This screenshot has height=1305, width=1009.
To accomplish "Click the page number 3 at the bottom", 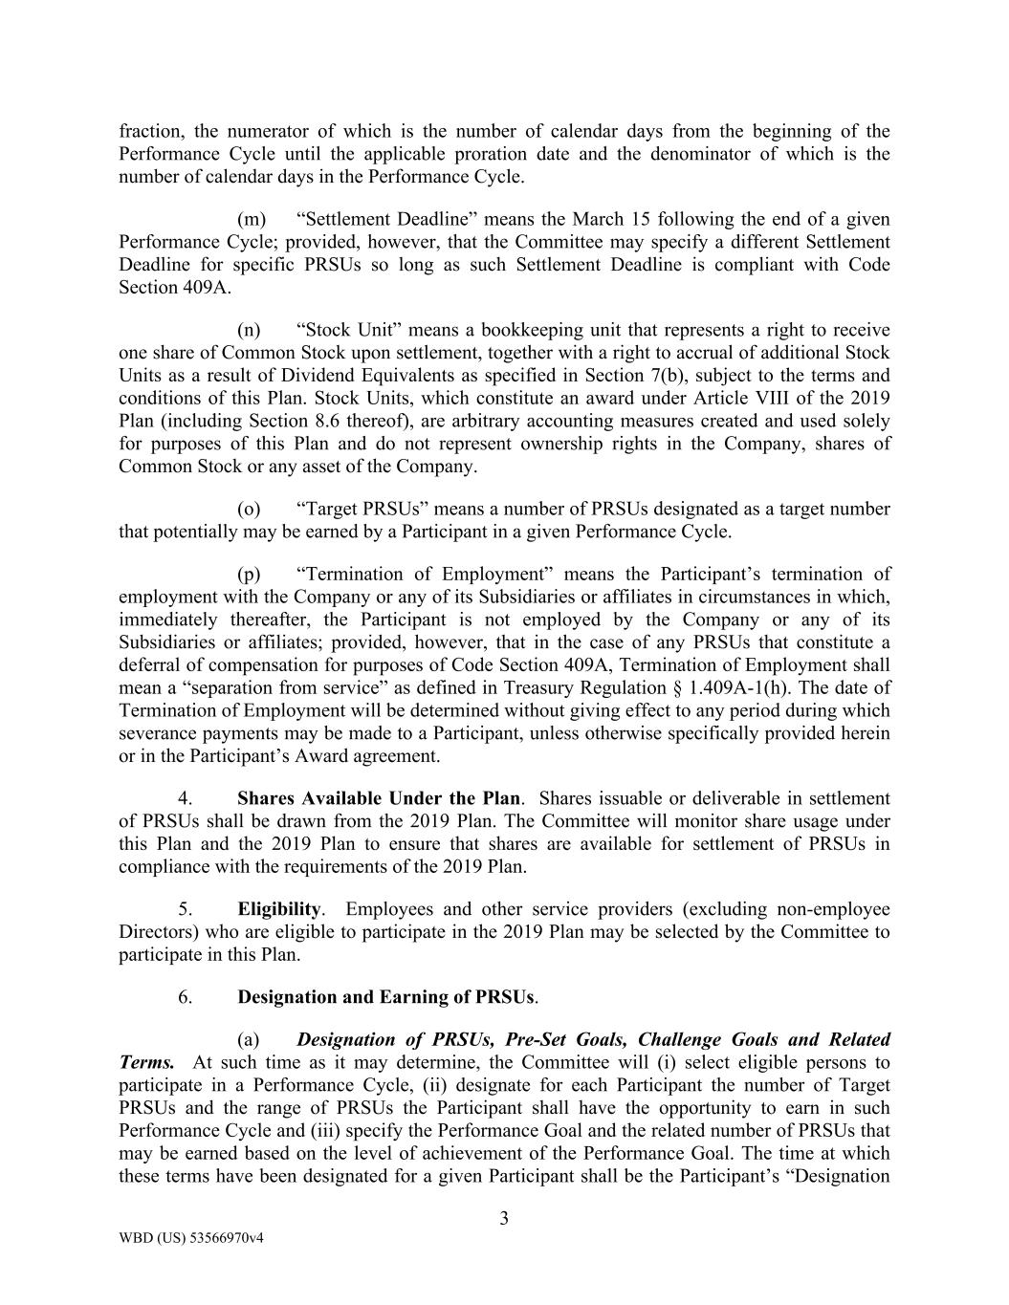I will (504, 1218).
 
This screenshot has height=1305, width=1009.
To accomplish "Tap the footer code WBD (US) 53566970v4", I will (190, 1238).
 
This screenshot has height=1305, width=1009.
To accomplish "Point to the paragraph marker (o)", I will (250, 509).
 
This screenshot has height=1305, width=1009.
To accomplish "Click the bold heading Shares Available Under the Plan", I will (379, 798).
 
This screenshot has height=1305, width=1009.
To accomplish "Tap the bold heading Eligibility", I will (279, 908).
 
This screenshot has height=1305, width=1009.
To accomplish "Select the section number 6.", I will (186, 996).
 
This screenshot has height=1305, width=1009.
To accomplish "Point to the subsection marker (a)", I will (249, 1039).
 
